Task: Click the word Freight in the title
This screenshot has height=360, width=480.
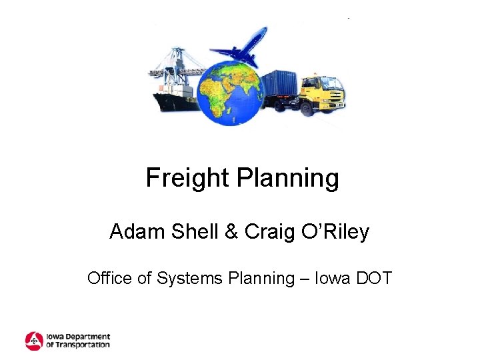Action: [x=186, y=178]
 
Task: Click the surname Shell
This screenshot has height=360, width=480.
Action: [x=195, y=232]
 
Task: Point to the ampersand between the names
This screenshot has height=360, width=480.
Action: [x=231, y=232]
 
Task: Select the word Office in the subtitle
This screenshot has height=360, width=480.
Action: [x=109, y=277]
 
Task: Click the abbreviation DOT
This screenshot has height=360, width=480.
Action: [x=375, y=277]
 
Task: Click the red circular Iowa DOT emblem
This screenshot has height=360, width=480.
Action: [x=34, y=341]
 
